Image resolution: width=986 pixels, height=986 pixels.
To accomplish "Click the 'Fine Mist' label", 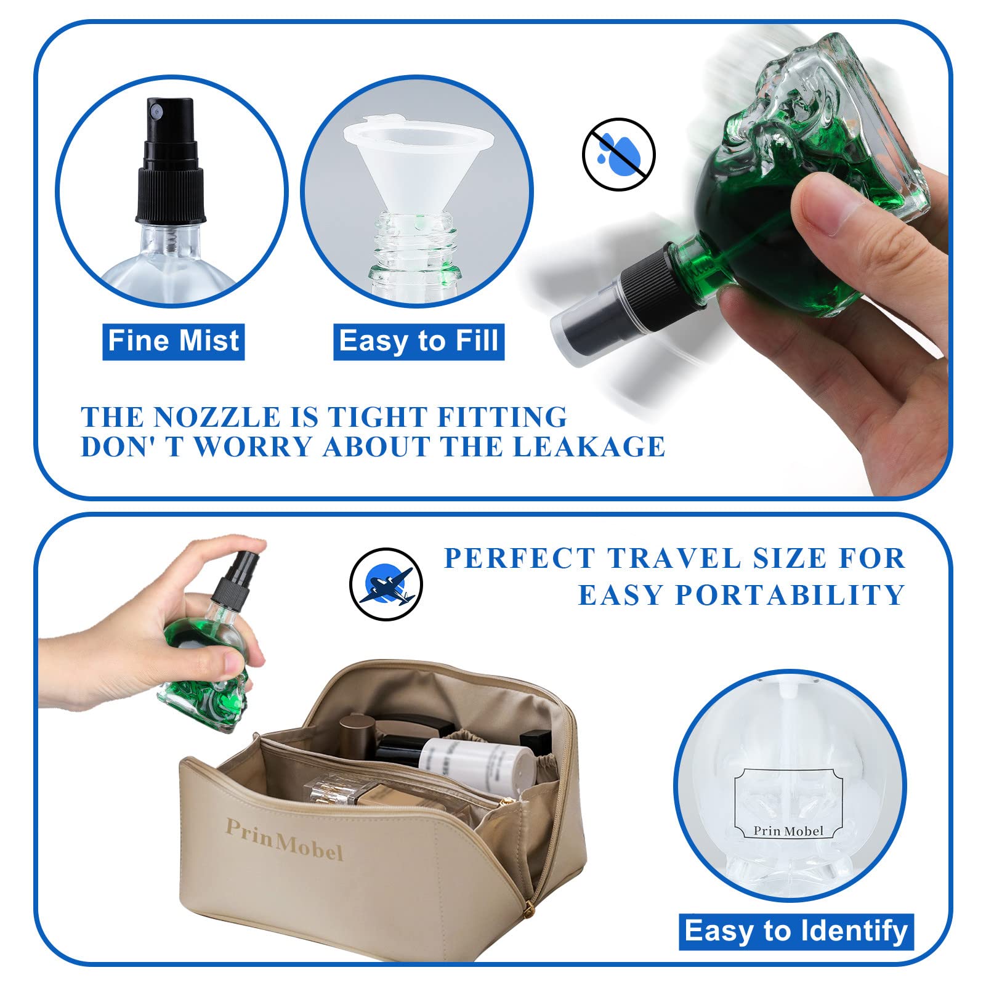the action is [x=174, y=341].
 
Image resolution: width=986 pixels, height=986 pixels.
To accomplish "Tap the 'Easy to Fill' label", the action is [x=419, y=341].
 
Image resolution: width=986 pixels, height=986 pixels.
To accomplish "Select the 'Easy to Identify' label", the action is [x=796, y=931].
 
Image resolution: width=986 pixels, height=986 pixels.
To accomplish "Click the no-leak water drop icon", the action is [x=619, y=154].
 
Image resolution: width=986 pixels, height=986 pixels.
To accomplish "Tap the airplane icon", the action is [x=386, y=584].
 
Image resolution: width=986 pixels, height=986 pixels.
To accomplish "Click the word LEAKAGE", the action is [x=589, y=447].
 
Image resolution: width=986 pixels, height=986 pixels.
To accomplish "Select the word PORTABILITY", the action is [x=790, y=595].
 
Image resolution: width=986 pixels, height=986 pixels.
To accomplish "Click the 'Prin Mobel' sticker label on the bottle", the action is [x=788, y=804].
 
